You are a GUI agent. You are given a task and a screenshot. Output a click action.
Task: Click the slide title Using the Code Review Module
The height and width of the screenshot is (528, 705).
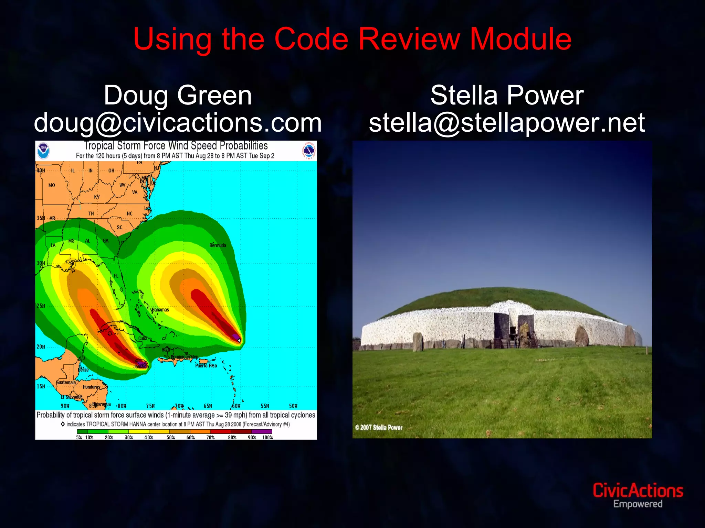[352, 39]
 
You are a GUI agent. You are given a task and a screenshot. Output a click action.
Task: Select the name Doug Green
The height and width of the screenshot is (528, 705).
[178, 96]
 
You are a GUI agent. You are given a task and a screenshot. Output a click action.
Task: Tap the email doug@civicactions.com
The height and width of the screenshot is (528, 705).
[178, 123]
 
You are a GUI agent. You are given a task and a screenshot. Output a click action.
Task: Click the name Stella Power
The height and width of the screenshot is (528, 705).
[507, 96]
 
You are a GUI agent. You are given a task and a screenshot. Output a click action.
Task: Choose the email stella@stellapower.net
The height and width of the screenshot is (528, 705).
[507, 123]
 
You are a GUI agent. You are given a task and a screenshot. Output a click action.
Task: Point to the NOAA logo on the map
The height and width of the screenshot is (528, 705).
[43, 151]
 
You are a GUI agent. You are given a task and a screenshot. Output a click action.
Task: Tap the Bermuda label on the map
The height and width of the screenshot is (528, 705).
[218, 245]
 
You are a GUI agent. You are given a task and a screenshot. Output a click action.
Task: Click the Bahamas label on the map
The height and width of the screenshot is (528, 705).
[160, 310]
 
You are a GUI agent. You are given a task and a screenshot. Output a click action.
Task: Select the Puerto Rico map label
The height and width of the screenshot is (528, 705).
[206, 366]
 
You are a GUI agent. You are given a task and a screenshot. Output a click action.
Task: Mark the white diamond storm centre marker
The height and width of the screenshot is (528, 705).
[239, 340]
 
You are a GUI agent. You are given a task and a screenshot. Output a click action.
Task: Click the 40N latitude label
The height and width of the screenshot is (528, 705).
[41, 170]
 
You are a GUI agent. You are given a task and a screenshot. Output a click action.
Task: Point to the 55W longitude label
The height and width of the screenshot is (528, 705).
[265, 406]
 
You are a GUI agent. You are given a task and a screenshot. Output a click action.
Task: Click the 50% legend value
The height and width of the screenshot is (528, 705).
[171, 438]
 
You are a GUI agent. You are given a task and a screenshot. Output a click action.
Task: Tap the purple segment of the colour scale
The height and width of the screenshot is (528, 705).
[262, 431]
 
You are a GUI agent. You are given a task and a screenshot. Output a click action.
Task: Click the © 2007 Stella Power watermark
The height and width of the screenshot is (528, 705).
[379, 428]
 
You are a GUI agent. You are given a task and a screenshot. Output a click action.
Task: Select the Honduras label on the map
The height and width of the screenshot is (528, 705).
[91, 387]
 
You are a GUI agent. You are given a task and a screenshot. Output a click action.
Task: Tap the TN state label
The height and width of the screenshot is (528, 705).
[91, 214]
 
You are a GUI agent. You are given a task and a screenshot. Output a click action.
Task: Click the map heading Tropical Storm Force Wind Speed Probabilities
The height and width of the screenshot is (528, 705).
[176, 146]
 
